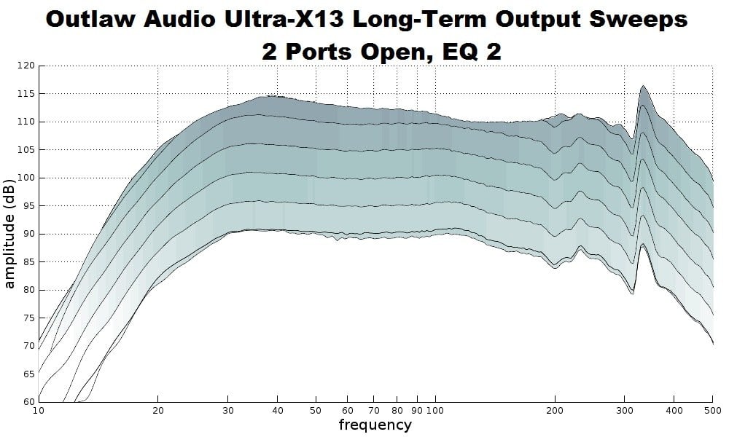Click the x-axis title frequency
pyautogui.click(x=375, y=424)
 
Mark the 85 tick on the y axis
pyautogui.click(x=28, y=262)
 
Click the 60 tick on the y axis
pyautogui.click(x=28, y=402)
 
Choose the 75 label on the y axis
pyautogui.click(x=28, y=318)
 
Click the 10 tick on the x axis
pyautogui.click(x=39, y=410)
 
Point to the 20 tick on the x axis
pyautogui.click(x=158, y=410)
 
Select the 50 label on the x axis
pyautogui.click(x=316, y=410)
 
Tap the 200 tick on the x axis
pyautogui.click(x=555, y=410)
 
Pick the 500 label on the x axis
pyautogui.click(x=712, y=410)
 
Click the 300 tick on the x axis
pyautogui.click(x=625, y=410)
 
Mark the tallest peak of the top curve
pyautogui.click(x=643, y=86)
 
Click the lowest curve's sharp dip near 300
pyautogui.click(x=633, y=294)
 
